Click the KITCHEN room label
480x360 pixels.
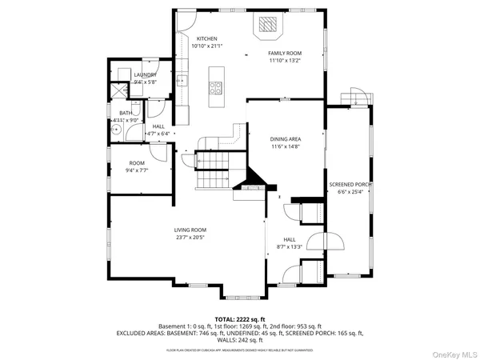[x=206, y=38]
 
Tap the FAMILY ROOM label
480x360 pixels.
[x=283, y=53]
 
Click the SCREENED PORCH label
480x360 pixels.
[x=350, y=185]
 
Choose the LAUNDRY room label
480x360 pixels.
[x=134, y=74]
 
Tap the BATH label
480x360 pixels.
[x=126, y=114]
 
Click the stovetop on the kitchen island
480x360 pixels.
[x=216, y=88]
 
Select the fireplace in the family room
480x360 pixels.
[x=266, y=26]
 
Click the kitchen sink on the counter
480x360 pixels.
[x=182, y=80]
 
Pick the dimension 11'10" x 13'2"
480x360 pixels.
[x=283, y=60]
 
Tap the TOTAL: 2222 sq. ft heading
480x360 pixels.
[x=240, y=319]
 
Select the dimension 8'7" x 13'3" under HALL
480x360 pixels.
[x=290, y=246]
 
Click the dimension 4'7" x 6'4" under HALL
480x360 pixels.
[x=158, y=133]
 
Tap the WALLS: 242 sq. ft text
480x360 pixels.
[x=240, y=341]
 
